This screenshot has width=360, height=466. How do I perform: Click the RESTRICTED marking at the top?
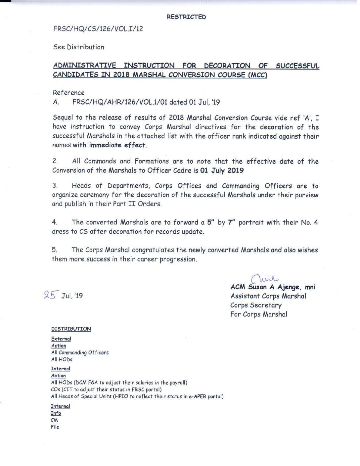click(x=186, y=17)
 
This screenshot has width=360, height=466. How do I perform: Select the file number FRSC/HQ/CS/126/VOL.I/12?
click(x=98, y=29)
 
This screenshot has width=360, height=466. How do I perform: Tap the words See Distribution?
click(x=79, y=47)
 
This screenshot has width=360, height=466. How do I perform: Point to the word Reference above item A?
click(x=68, y=93)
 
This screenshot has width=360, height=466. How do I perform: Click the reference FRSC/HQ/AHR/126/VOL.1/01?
click(x=120, y=102)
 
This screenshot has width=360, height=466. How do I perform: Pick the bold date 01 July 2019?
click(x=222, y=170)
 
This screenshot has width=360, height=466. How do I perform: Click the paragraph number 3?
click(x=55, y=186)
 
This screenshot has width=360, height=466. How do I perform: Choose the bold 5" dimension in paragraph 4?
click(x=209, y=222)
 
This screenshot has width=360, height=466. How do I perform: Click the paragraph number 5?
click(x=54, y=250)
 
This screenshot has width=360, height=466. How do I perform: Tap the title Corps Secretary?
click(x=256, y=305)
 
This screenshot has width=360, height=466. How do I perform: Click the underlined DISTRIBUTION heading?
click(x=71, y=329)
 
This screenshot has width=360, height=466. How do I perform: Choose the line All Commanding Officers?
click(x=80, y=352)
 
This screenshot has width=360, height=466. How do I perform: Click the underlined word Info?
click(x=56, y=413)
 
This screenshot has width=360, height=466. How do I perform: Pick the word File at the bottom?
click(x=55, y=427)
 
